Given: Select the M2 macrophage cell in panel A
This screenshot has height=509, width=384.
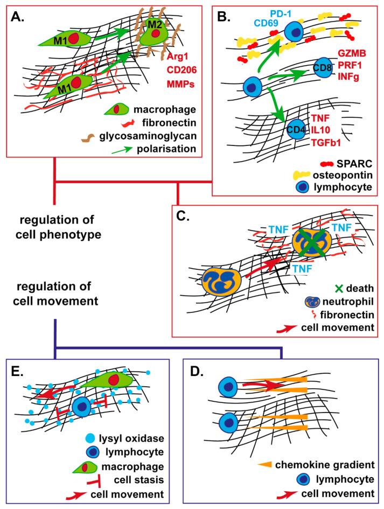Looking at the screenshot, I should pos(155,35).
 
